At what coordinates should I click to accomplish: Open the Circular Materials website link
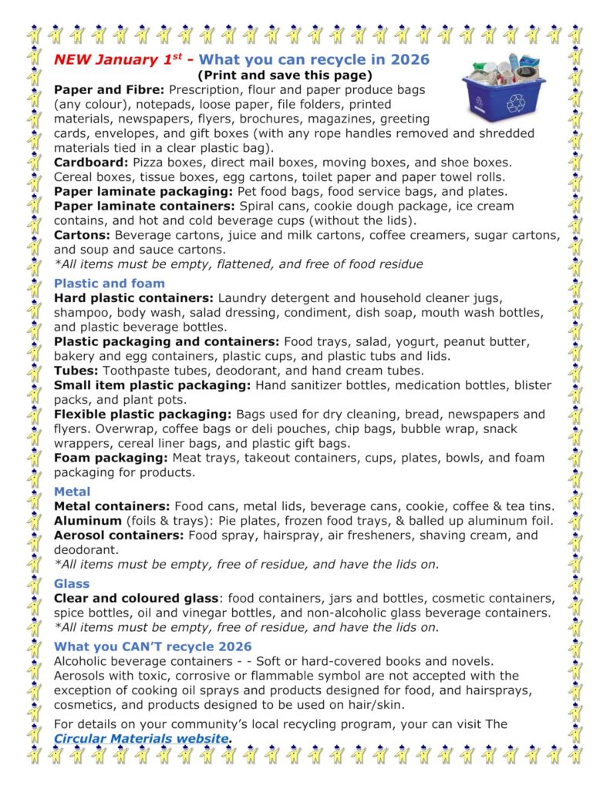tap(142, 738)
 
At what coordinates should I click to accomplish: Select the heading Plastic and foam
tap(110, 283)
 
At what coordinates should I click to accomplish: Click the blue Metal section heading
tap(72, 491)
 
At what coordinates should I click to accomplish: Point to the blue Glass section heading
tap(72, 583)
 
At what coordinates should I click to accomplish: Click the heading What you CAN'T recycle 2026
tap(153, 646)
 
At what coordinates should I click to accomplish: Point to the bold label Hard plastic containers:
tap(134, 297)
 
